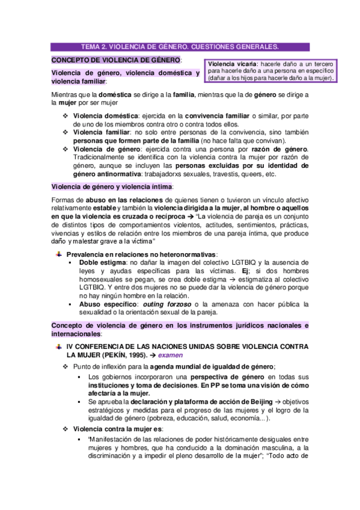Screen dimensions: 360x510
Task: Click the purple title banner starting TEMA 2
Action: [x=180, y=46]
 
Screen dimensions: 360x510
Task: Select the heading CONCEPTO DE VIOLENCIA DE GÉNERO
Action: [x=116, y=60]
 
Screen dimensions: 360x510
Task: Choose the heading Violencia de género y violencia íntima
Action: [x=111, y=188]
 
